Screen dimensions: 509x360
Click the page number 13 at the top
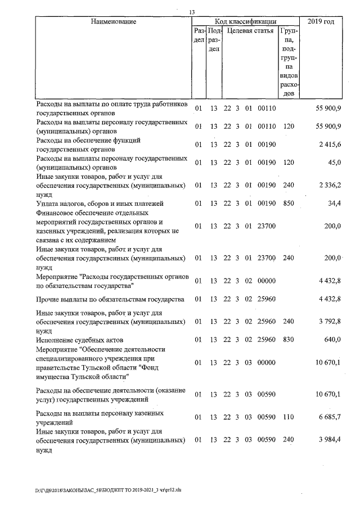192,12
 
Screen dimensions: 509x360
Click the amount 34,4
334,203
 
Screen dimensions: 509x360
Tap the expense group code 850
289,203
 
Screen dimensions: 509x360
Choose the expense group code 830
289,340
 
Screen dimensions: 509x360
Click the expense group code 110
289,417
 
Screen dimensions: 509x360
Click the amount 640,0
332,340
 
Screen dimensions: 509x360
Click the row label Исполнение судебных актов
79,340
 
